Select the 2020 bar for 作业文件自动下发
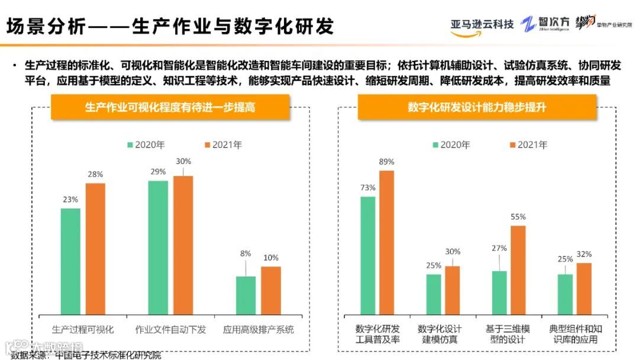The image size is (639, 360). click(158, 247)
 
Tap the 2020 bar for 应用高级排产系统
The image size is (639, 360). click(246, 295)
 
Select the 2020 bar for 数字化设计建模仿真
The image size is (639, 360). click(434, 294)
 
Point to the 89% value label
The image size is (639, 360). click(387, 162)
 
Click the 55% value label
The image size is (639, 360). click(518, 217)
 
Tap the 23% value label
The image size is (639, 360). click(70, 200)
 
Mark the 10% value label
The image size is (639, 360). click(271, 258)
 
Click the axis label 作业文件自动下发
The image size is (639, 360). click(170, 329)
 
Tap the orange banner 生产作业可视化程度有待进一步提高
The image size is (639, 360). click(170, 108)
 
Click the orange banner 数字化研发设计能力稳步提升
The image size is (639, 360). click(477, 107)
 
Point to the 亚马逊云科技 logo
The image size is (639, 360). click(482, 26)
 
